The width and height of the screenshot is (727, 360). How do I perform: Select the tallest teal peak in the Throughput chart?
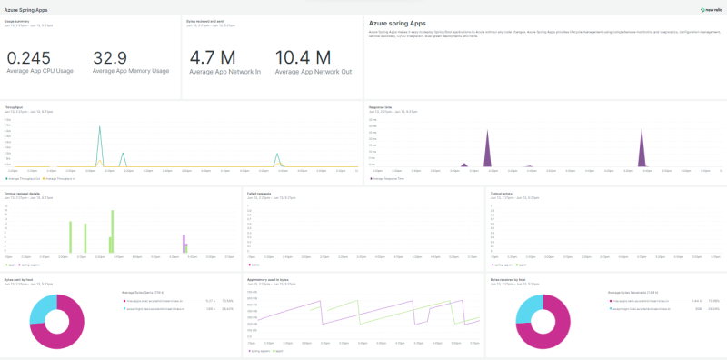click(x=99, y=127)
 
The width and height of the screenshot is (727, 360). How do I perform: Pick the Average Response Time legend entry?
click(x=388, y=178)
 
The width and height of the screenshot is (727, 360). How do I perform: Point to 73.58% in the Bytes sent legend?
click(x=228, y=299)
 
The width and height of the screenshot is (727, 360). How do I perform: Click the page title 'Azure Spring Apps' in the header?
click(x=27, y=9)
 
